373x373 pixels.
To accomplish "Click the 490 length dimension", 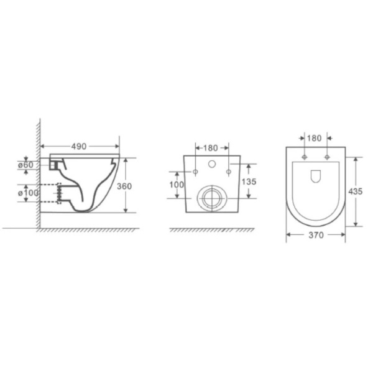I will [x=78, y=146].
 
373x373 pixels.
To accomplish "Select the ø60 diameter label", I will [x=25, y=165].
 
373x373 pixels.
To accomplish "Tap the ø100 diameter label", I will [x=27, y=193].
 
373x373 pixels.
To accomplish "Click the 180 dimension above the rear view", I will [x=211, y=148].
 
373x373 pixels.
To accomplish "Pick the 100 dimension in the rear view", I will [x=177, y=185].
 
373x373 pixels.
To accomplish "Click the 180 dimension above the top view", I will [x=315, y=137].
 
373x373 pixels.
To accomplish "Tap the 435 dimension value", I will [x=356, y=191].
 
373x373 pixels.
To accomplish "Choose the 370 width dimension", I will [x=316, y=234].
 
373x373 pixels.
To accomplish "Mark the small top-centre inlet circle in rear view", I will [x=211, y=165].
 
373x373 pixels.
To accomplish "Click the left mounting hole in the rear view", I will [x=195, y=171].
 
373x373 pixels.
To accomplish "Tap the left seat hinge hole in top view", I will [x=304, y=157].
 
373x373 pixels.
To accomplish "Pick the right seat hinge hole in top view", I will [x=326, y=157].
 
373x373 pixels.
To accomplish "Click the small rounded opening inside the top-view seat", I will [x=315, y=175].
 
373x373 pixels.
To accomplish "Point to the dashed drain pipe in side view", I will [x=59, y=193].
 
